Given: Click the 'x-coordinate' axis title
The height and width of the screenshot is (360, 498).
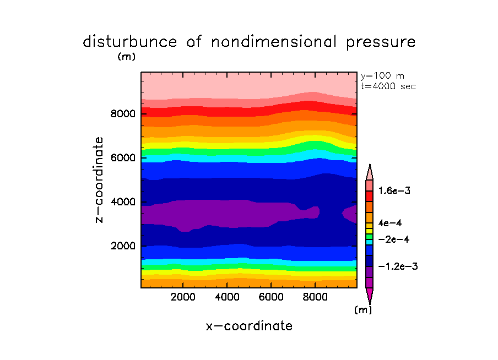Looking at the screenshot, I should [249, 326].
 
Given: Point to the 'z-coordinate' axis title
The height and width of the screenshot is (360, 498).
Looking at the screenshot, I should [100, 180].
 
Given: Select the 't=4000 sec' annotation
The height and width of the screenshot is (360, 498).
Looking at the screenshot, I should [388, 86].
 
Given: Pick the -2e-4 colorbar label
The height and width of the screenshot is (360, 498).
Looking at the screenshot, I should [393, 239].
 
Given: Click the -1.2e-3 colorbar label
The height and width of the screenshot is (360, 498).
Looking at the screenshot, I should [398, 266].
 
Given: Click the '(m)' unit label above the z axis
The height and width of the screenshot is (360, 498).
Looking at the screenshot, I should [126, 56].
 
